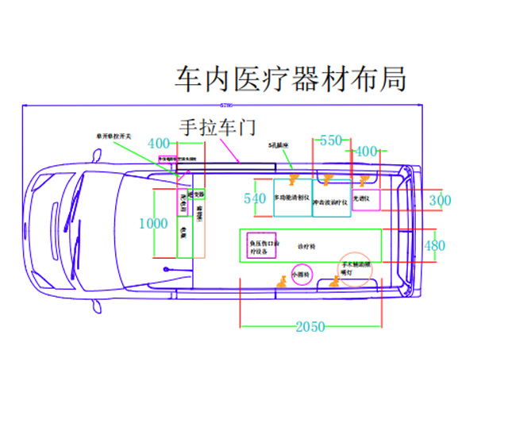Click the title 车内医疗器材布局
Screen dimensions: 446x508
291,79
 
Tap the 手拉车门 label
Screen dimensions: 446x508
217,127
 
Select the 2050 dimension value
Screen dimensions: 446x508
310,327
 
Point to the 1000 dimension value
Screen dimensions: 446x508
153,225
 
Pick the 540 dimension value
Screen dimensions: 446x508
255,199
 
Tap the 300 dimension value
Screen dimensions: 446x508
440,201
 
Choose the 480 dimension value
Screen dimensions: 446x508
435,246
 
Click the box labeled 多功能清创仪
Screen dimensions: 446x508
292,198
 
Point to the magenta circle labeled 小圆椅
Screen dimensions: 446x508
302,275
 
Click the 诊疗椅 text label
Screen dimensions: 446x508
306,247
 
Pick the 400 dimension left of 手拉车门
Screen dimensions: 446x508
160,144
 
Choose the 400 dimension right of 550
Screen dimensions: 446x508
366,151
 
